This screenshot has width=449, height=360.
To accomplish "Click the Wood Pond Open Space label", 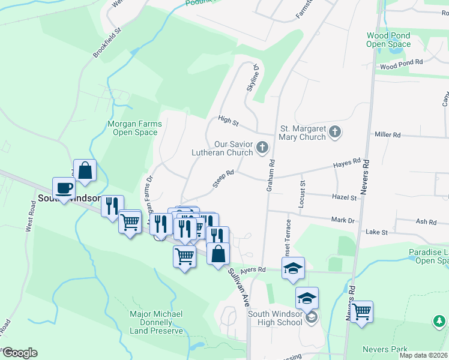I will pos(388,40).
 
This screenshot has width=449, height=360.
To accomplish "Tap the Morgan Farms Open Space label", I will pos(134,128).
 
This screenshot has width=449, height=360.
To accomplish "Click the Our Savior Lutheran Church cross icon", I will pos(262,147).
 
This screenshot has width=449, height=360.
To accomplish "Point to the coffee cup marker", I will pos(64,188).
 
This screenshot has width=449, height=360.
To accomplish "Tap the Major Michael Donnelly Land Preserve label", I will pos(156,322).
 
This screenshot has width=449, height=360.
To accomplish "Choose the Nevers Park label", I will pos(385,349).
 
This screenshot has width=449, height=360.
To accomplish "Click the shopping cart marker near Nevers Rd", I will pos(361,312).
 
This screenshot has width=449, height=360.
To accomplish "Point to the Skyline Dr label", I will pos(252,78).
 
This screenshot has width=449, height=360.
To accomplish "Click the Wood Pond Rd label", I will pos(401,62).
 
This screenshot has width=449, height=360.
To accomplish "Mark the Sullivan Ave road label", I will pos(238,288).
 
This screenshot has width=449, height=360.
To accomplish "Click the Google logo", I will pos(19,352).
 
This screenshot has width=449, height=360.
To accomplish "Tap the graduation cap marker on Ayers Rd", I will pos(293,268).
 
